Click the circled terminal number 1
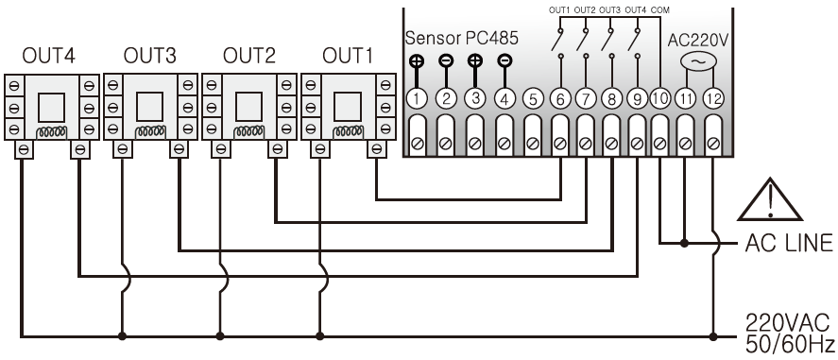click(x=417, y=99)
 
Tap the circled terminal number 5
click(x=532, y=99)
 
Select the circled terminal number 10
click(x=660, y=99)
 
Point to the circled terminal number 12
click(x=713, y=99)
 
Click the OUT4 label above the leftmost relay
click(x=48, y=56)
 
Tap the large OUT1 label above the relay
click(x=348, y=56)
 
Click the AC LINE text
click(x=789, y=243)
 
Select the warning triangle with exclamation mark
click(x=770, y=199)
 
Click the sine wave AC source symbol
click(x=698, y=61)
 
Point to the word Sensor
click(x=433, y=38)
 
